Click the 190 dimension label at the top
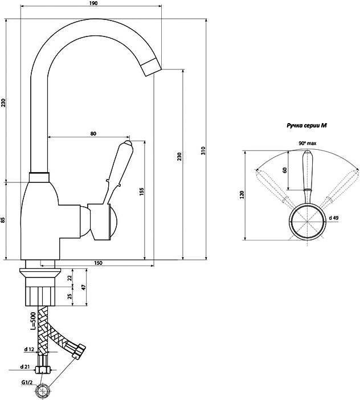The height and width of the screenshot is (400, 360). [x=93, y=3]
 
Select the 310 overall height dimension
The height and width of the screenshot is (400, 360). [x=203, y=150]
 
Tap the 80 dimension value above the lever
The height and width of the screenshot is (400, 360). [x=93, y=133]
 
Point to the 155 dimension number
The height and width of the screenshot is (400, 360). [x=142, y=192]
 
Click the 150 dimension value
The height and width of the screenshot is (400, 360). [x=98, y=263]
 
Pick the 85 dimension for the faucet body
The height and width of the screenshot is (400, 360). [x=3, y=219]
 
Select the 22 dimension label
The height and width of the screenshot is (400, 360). [x=69, y=278]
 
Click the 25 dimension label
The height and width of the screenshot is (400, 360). [x=69, y=296]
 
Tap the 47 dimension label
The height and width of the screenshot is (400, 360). [x=84, y=287]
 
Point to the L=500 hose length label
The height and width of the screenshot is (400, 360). [x=33, y=321]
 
